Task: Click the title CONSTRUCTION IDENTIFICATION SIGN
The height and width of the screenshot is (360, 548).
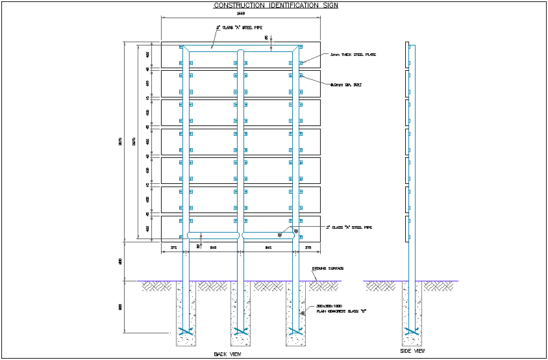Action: coord(276,5)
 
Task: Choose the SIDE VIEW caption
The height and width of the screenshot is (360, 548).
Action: coord(412,351)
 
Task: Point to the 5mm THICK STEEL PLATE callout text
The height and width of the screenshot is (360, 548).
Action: coord(353,55)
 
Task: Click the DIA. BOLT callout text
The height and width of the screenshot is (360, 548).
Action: coord(347,84)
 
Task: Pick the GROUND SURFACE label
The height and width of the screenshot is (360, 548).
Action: coord(327,268)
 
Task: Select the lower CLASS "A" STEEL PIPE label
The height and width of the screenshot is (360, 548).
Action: coord(351,227)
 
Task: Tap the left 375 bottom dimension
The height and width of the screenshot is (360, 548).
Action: coord(173,248)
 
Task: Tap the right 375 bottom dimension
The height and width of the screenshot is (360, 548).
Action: coord(308,248)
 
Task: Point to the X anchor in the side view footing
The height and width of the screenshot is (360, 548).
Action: coord(409,332)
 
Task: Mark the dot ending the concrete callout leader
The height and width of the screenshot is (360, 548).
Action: coord(302,313)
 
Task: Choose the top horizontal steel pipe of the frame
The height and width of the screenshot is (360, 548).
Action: coord(242,49)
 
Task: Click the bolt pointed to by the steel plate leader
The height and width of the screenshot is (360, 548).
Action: coord(301,63)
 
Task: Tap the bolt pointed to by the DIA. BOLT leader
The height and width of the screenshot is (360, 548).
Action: coord(301,76)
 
